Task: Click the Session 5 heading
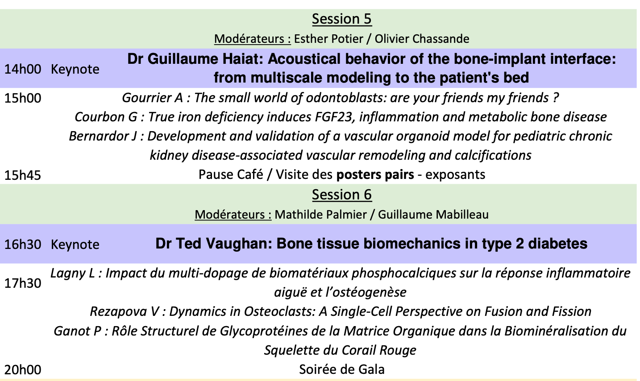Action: (342, 19)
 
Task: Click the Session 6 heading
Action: (342, 195)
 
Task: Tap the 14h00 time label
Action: (23, 70)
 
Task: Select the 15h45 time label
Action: (23, 175)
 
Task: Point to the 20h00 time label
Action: (23, 370)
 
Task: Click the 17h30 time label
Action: (23, 283)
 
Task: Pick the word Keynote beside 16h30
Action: (75, 245)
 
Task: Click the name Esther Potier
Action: (328, 39)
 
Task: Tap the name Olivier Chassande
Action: (422, 39)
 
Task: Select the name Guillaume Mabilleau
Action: (433, 215)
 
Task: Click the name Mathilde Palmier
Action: (320, 215)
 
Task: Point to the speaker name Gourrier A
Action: (152, 98)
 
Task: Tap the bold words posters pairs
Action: (375, 174)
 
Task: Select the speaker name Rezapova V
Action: (124, 311)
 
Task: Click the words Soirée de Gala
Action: (342, 369)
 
